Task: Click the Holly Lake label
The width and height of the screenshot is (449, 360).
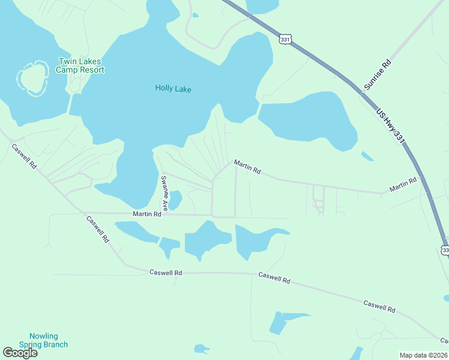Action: tap(173, 88)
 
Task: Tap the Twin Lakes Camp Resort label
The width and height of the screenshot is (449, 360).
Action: tap(80, 65)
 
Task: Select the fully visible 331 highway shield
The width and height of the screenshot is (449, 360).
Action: tap(285, 39)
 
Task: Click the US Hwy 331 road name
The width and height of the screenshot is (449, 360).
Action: tap(391, 125)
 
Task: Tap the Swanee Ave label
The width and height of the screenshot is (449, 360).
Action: tap(163, 192)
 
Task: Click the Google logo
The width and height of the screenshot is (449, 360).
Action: tap(20, 353)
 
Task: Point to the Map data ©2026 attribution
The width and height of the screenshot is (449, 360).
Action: tap(423, 355)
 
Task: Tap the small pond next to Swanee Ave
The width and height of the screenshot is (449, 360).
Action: tap(175, 200)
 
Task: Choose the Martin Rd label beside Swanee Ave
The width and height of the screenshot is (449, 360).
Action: tap(146, 214)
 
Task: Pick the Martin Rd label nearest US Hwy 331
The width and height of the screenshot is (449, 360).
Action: tap(402, 185)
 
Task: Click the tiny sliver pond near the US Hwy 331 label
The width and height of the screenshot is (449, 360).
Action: tap(367, 156)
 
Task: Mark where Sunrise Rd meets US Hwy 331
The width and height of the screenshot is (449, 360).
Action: tap(363, 92)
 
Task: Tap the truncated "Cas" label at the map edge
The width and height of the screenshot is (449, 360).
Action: tap(444, 341)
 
